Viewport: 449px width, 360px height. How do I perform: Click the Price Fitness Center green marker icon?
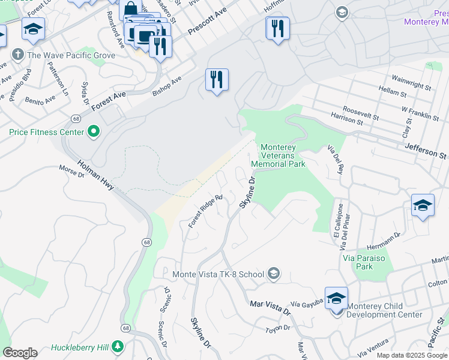93,131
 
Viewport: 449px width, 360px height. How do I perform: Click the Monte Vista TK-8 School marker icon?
274,274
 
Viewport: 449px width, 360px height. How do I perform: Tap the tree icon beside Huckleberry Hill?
118,346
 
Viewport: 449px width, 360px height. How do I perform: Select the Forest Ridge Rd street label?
205,211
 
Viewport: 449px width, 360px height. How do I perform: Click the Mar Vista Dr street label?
270,308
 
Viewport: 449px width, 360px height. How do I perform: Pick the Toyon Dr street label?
278,328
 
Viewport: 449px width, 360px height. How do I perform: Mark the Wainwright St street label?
412,79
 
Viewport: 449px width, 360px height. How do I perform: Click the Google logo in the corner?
20,353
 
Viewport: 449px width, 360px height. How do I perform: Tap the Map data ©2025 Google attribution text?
412,355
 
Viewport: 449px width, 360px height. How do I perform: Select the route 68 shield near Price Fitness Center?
76,119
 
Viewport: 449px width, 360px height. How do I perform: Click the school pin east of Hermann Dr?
423,205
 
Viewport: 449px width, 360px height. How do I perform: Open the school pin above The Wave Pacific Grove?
34,28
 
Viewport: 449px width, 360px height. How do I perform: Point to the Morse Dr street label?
71,172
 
